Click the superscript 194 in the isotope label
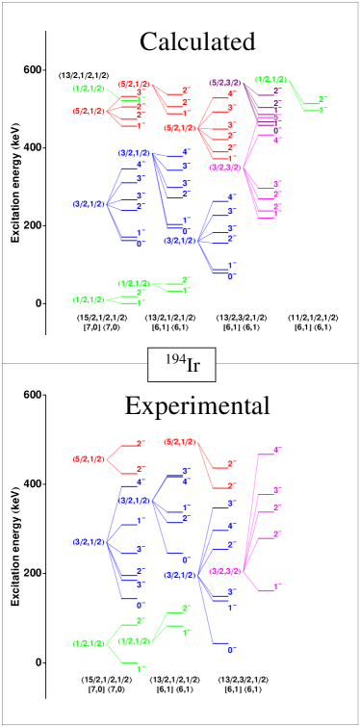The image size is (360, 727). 174,359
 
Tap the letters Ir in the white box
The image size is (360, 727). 193,366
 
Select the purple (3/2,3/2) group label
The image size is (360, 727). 224,83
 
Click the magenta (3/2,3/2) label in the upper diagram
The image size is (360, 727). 224,167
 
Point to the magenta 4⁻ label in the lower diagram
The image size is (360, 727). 277,450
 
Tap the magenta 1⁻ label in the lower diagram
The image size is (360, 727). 277,585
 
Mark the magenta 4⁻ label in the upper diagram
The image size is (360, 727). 277,141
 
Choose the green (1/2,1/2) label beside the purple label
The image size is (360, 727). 270,79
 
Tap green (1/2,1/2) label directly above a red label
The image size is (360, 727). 89,89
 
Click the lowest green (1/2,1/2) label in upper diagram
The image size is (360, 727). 89,299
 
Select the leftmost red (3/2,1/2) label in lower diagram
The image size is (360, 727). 89,459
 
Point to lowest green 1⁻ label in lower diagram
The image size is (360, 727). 141,668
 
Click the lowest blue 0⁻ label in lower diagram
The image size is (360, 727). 231,650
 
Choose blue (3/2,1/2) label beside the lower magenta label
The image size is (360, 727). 179,575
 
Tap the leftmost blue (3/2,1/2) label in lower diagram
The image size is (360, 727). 89,542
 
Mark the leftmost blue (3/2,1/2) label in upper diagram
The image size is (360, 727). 89,203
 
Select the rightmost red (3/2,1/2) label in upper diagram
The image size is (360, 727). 179,127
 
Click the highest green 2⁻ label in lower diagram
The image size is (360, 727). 186,608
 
